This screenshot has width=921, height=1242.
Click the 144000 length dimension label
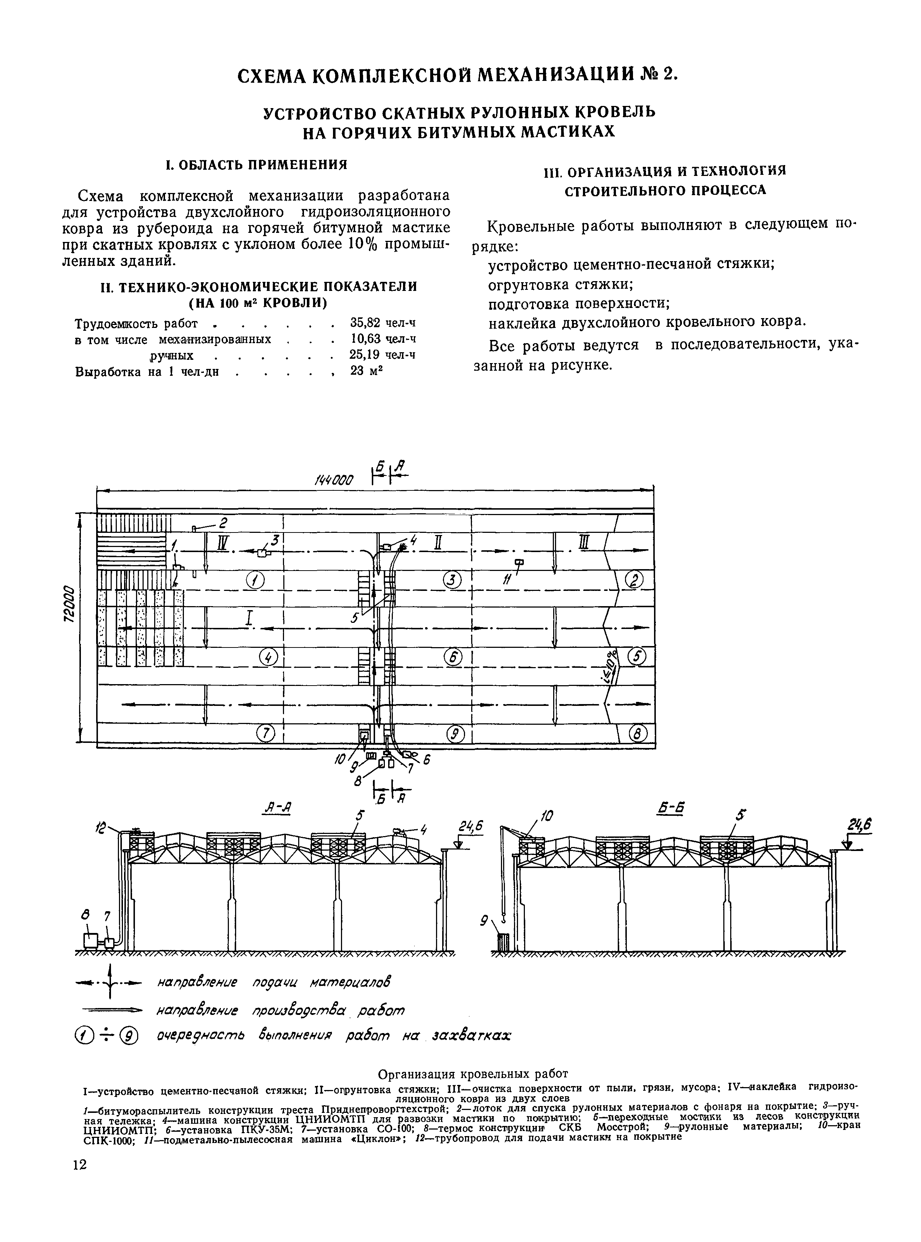tap(334, 480)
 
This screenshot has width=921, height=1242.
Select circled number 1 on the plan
tap(255, 581)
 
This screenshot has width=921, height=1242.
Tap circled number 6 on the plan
tap(453, 658)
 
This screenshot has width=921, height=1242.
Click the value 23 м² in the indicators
tap(367, 371)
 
